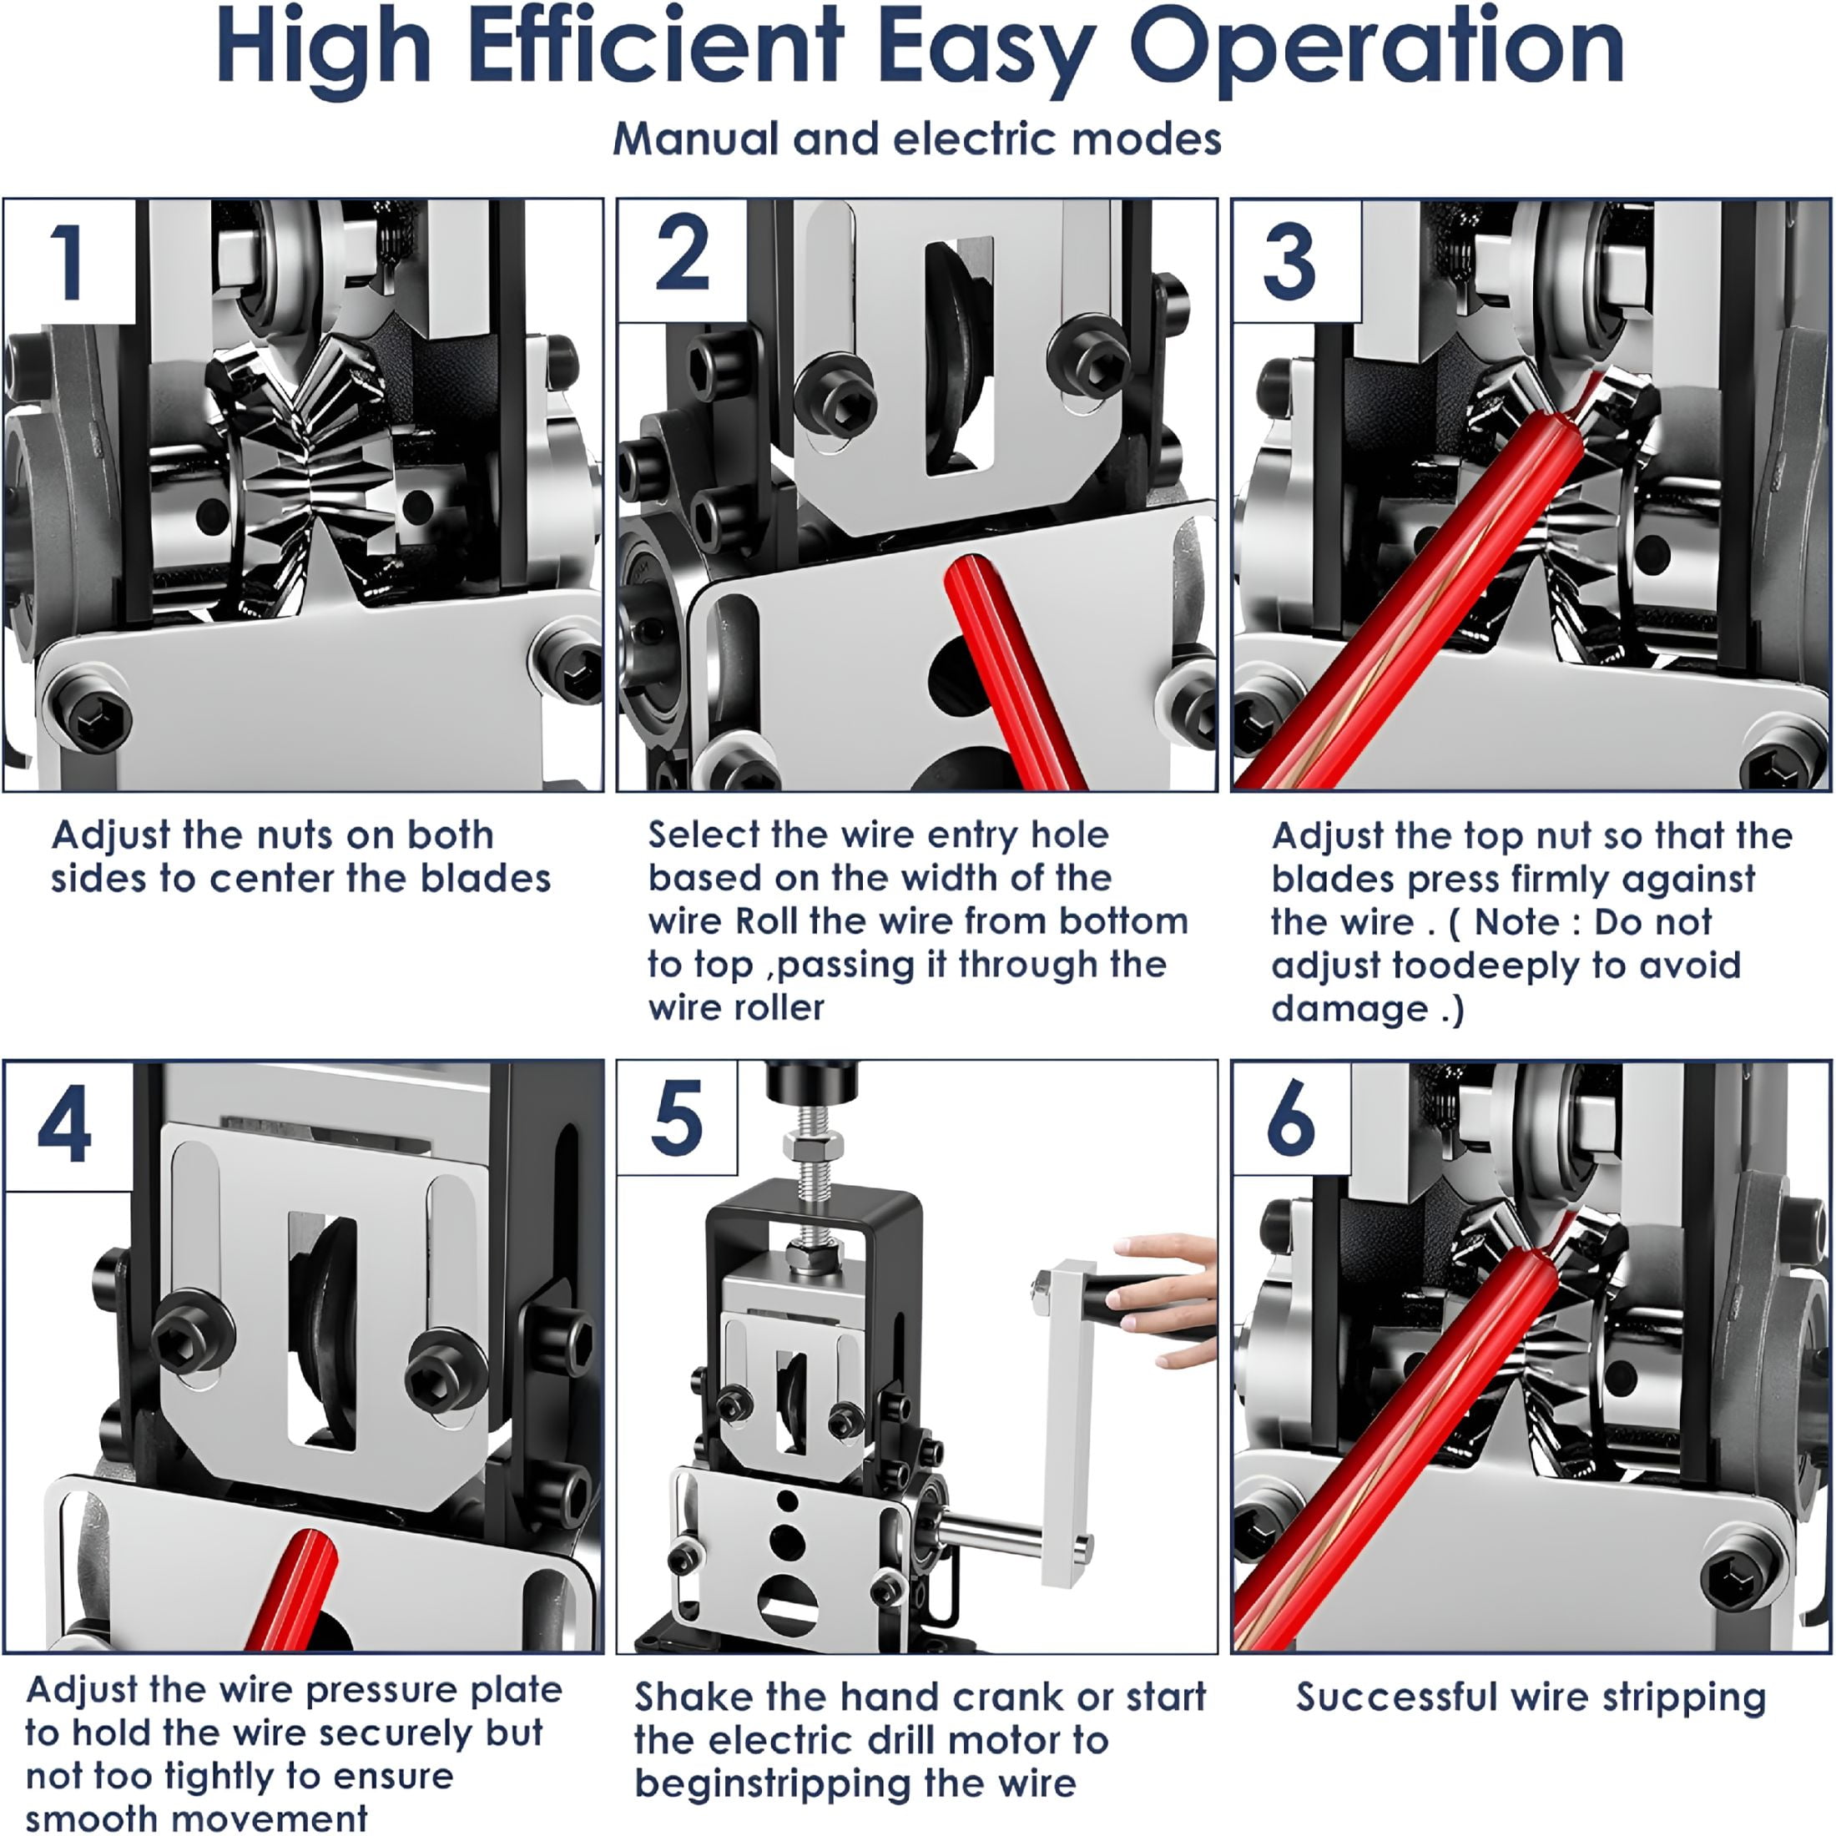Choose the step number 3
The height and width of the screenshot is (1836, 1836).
(1289, 262)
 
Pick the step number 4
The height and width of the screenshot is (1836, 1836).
(64, 1125)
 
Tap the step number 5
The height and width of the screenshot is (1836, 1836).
(677, 1117)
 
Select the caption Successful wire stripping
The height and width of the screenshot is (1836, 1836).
(1531, 1697)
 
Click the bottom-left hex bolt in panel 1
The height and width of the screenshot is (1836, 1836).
(91, 714)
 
